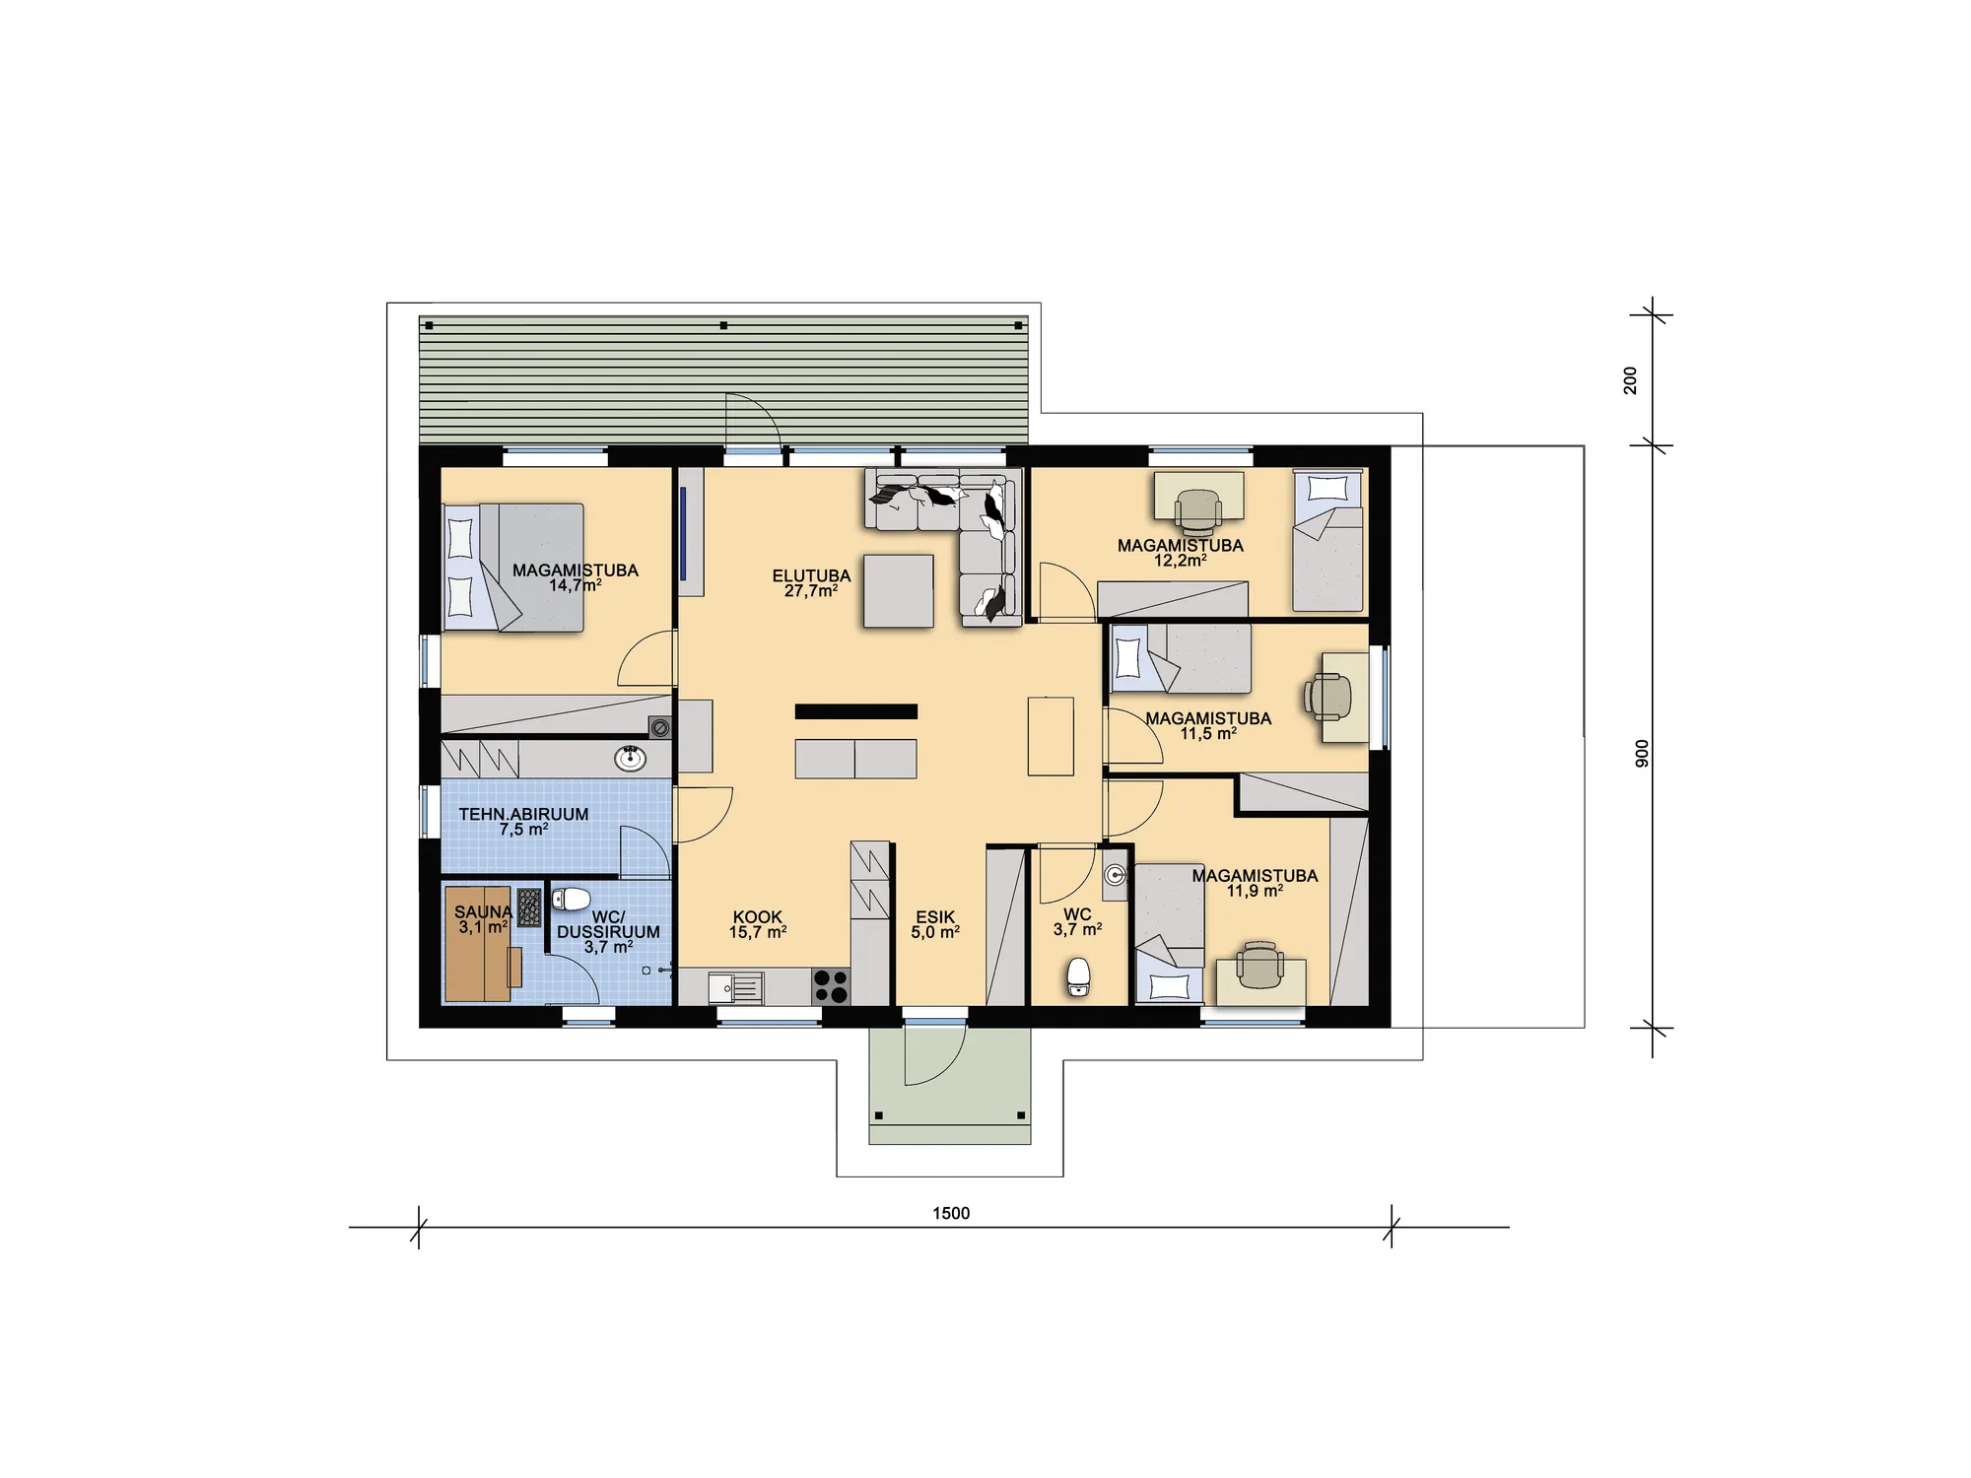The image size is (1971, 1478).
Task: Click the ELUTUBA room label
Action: pyautogui.click(x=811, y=576)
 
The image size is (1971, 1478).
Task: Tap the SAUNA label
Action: pyautogui.click(x=483, y=912)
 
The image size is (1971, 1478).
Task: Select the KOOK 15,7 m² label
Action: pyautogui.click(x=758, y=924)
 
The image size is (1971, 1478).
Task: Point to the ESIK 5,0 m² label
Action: pyautogui.click(x=935, y=924)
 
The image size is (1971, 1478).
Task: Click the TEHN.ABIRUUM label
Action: pyautogui.click(x=523, y=815)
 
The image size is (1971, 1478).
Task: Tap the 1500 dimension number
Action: pyautogui.click(x=951, y=1213)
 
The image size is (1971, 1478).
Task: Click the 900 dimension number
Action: pyautogui.click(x=1642, y=753)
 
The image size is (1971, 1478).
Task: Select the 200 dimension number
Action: pyautogui.click(x=1630, y=380)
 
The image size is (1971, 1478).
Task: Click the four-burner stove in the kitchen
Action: pyautogui.click(x=831, y=987)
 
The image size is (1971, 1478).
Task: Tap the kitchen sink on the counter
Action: pyautogui.click(x=735, y=987)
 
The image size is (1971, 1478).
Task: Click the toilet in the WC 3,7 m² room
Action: pyautogui.click(x=1079, y=976)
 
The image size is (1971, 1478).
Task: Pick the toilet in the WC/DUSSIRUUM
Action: pyautogui.click(x=571, y=899)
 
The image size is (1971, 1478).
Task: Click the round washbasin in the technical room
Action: pyautogui.click(x=630, y=758)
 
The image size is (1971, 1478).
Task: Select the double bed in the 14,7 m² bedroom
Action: pyautogui.click(x=513, y=568)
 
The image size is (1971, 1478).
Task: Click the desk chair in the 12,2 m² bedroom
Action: pyautogui.click(x=1197, y=507)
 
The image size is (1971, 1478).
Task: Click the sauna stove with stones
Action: pyautogui.click(x=529, y=907)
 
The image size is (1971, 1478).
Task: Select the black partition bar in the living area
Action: pyautogui.click(x=856, y=711)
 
